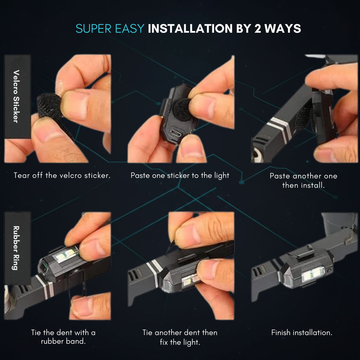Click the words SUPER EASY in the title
click(110, 29)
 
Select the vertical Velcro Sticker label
click(16, 96)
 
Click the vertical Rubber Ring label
click(16, 248)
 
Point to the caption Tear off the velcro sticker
click(62, 175)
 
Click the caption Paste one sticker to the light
click(180, 176)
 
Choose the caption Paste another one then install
click(303, 180)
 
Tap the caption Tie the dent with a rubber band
click(63, 337)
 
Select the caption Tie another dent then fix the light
click(180, 337)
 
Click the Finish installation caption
click(302, 333)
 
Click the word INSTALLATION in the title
click(190, 29)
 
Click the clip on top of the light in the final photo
click(304, 253)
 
